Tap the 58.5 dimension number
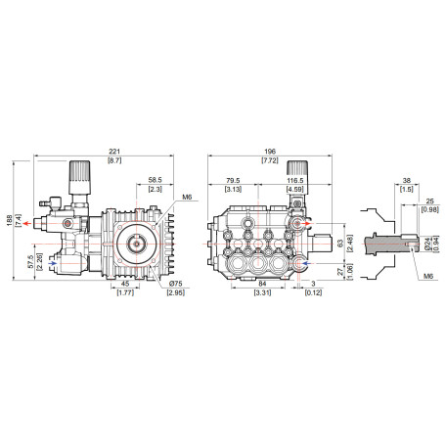[x=155, y=180]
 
